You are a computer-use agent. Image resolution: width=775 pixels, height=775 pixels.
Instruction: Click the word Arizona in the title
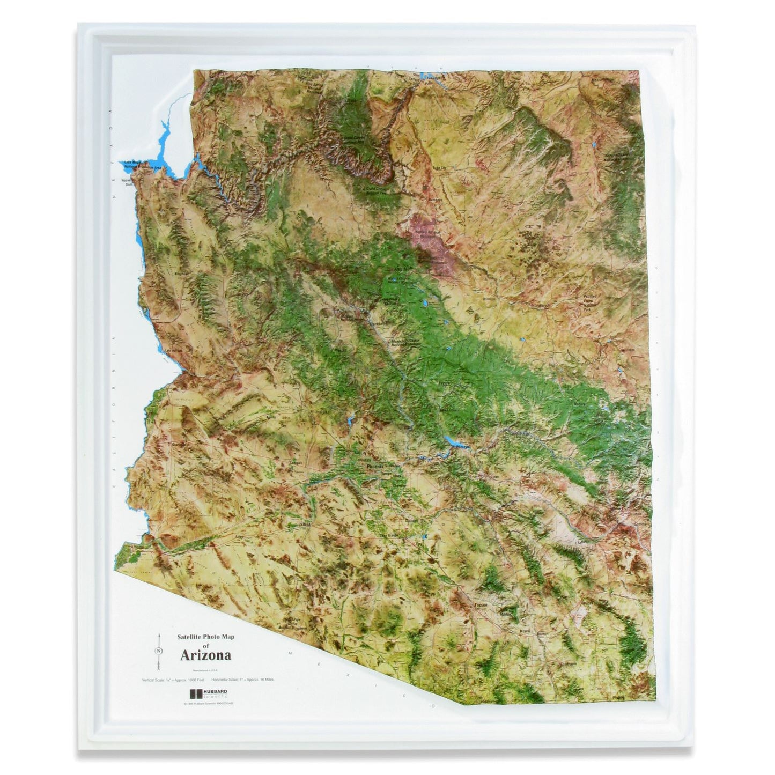(205, 655)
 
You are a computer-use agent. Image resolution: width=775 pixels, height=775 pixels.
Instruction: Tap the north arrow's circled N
(159, 651)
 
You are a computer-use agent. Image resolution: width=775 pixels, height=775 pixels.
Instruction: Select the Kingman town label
(180, 273)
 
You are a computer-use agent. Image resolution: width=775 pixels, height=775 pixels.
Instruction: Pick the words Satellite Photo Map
(206, 638)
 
